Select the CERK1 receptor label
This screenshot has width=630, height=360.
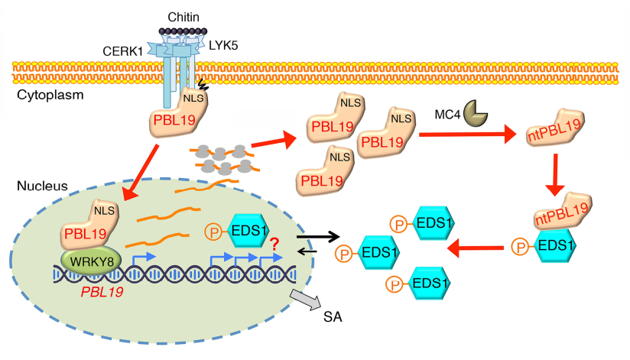122,52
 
